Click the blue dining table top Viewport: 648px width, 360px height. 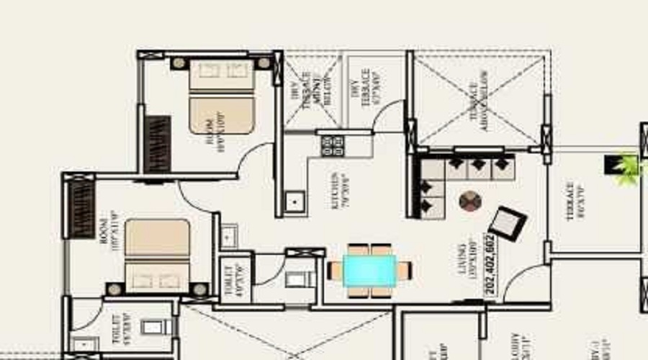point(369,270)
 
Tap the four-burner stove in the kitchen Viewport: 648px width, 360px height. point(332,146)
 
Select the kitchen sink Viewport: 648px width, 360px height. point(294,203)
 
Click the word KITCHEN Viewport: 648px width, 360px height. point(335,191)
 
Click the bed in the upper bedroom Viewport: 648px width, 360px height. point(222,96)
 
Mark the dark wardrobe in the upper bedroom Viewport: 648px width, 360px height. point(157,144)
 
